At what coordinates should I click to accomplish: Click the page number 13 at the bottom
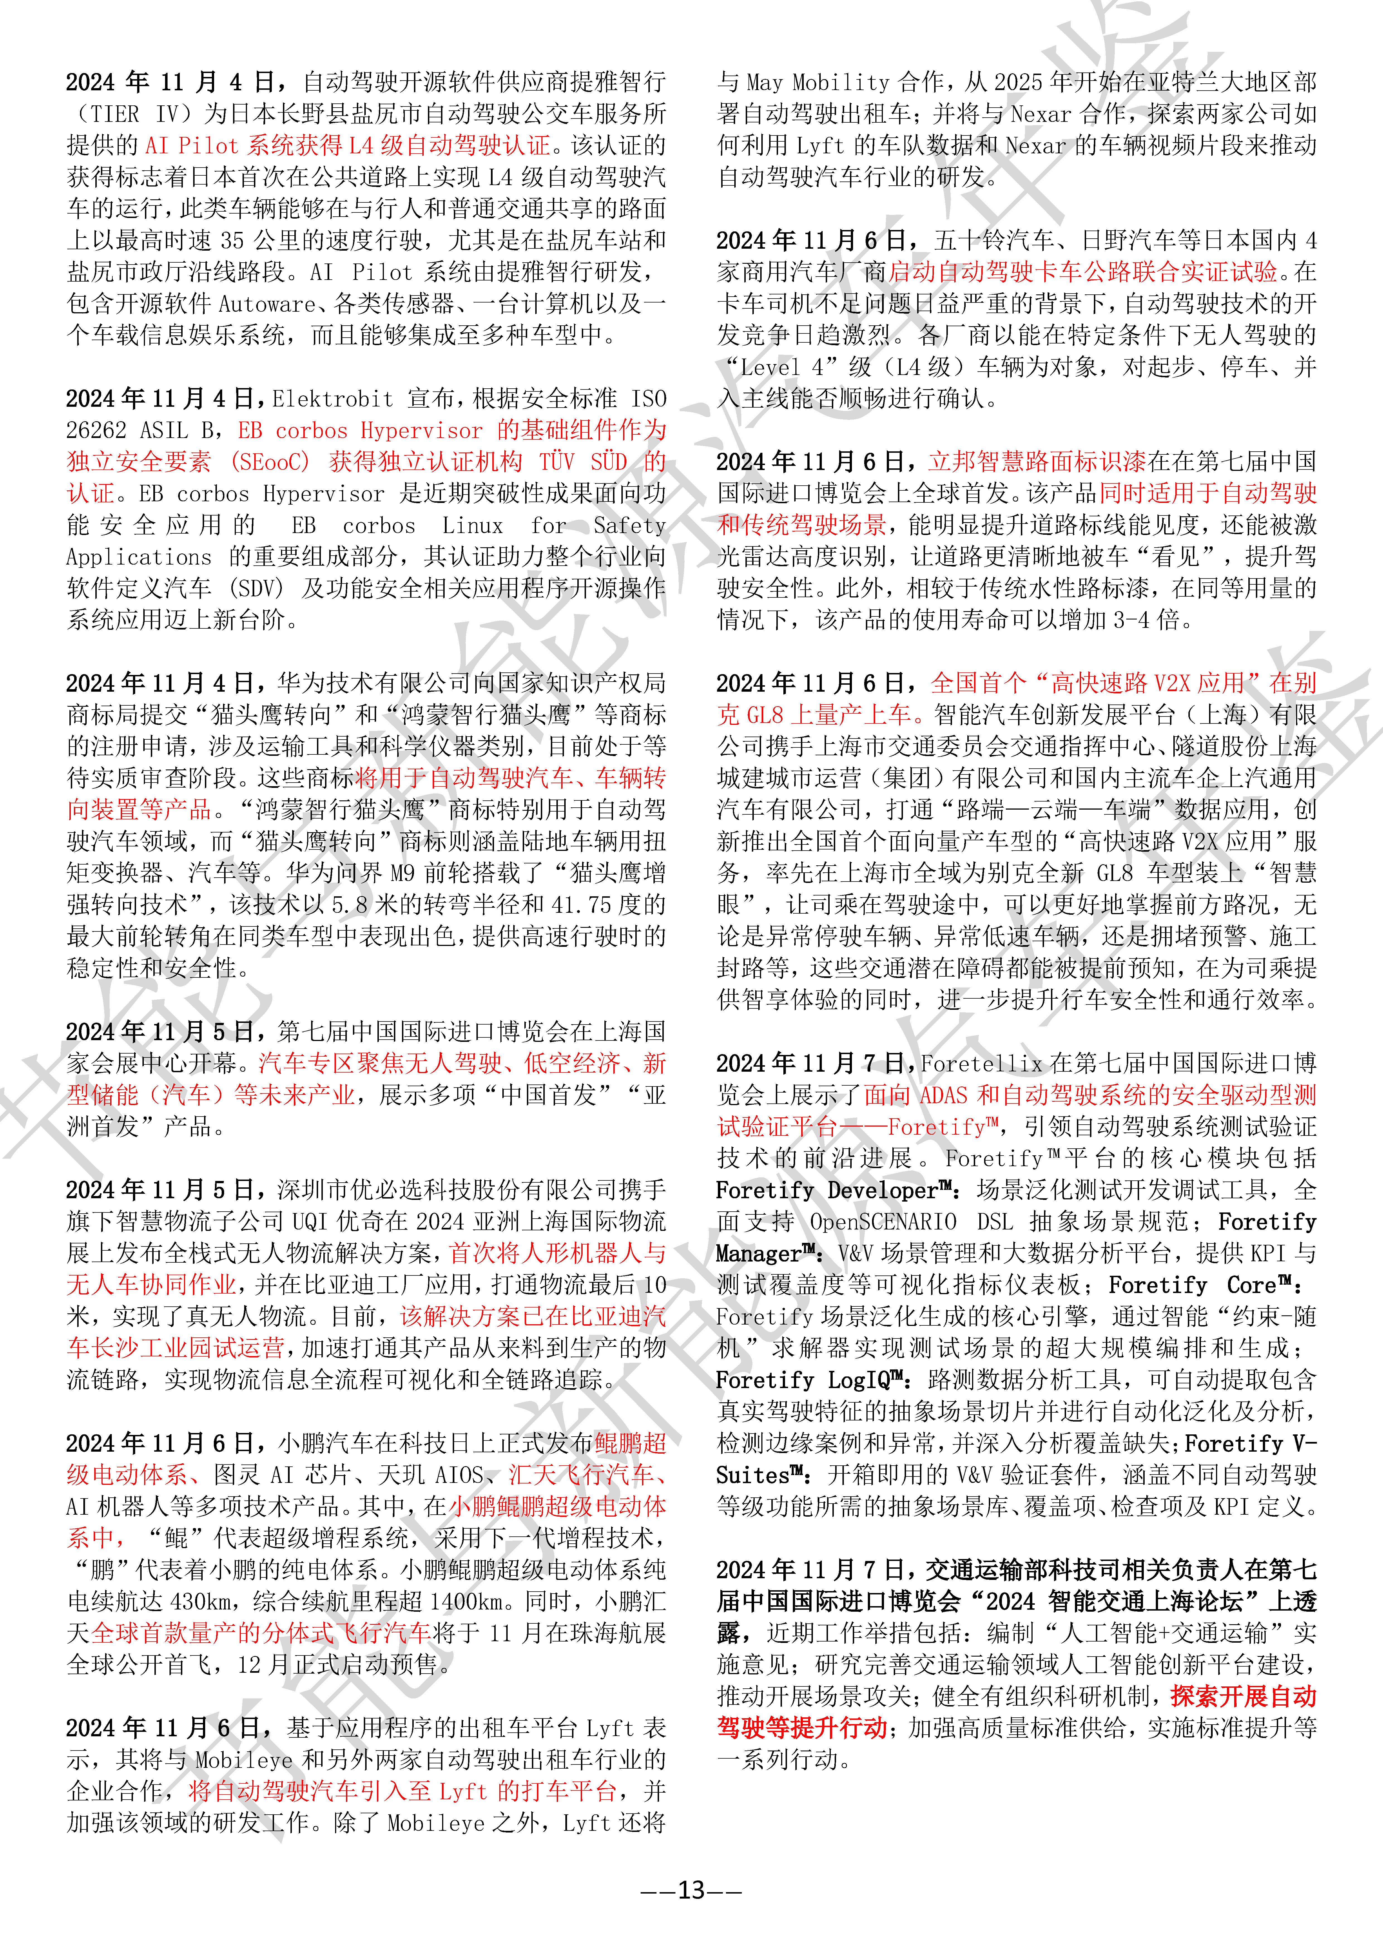click(691, 1890)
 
